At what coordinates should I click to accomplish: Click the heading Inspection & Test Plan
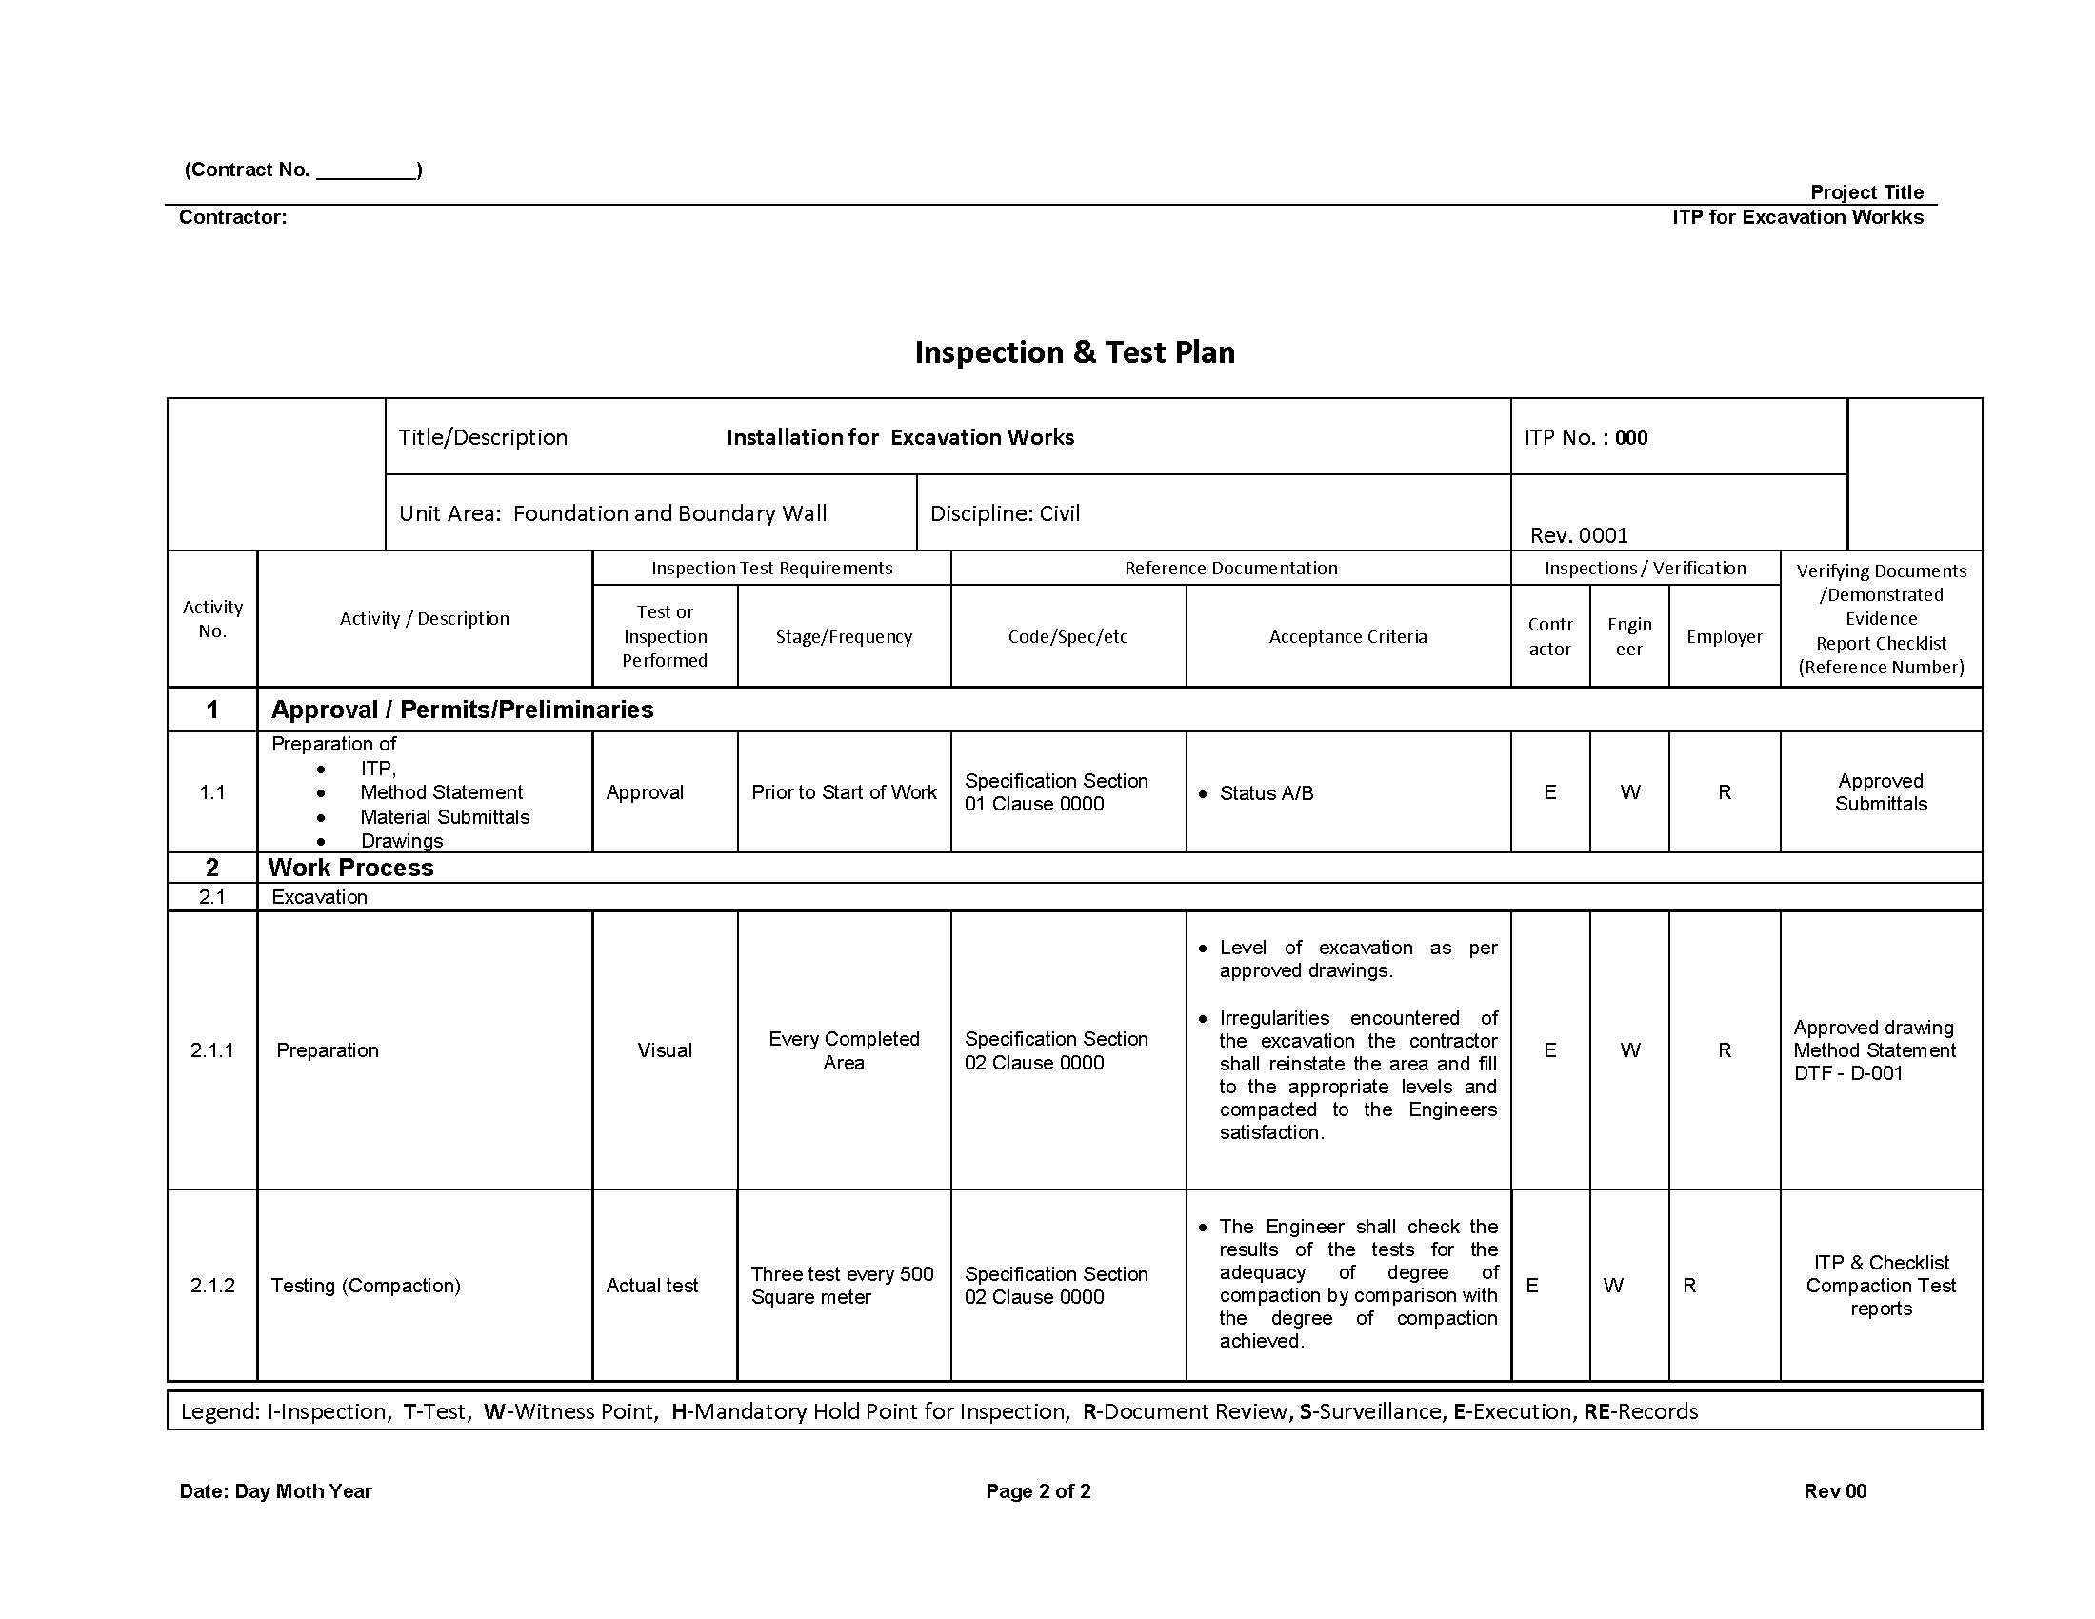(x=1073, y=352)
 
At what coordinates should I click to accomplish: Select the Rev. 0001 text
(x=1578, y=535)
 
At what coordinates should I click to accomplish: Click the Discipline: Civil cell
(x=1005, y=513)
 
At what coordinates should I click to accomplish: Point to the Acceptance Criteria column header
(x=1347, y=637)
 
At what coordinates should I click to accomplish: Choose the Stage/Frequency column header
(x=843, y=637)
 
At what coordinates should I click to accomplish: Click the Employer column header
(x=1724, y=637)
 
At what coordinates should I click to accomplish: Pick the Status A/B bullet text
(x=1266, y=793)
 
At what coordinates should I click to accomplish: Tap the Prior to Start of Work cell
(x=843, y=792)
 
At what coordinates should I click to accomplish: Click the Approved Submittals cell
(x=1880, y=792)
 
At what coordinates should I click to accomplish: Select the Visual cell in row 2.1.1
(x=664, y=1050)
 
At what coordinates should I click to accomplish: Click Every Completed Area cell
(x=843, y=1050)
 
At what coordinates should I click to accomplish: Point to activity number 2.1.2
(x=212, y=1286)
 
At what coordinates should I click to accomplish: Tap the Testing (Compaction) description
(x=366, y=1286)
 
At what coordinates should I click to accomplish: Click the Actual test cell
(x=651, y=1286)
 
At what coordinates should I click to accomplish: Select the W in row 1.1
(x=1628, y=792)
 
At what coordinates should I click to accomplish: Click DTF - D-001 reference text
(x=1847, y=1073)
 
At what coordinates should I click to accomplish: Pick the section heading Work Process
(x=351, y=868)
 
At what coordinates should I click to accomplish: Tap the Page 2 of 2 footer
(x=1038, y=1491)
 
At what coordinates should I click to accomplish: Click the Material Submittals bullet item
(x=444, y=817)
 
